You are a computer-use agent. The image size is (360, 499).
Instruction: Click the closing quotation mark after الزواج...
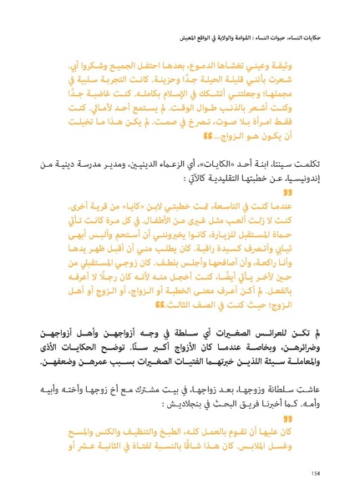(205, 135)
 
